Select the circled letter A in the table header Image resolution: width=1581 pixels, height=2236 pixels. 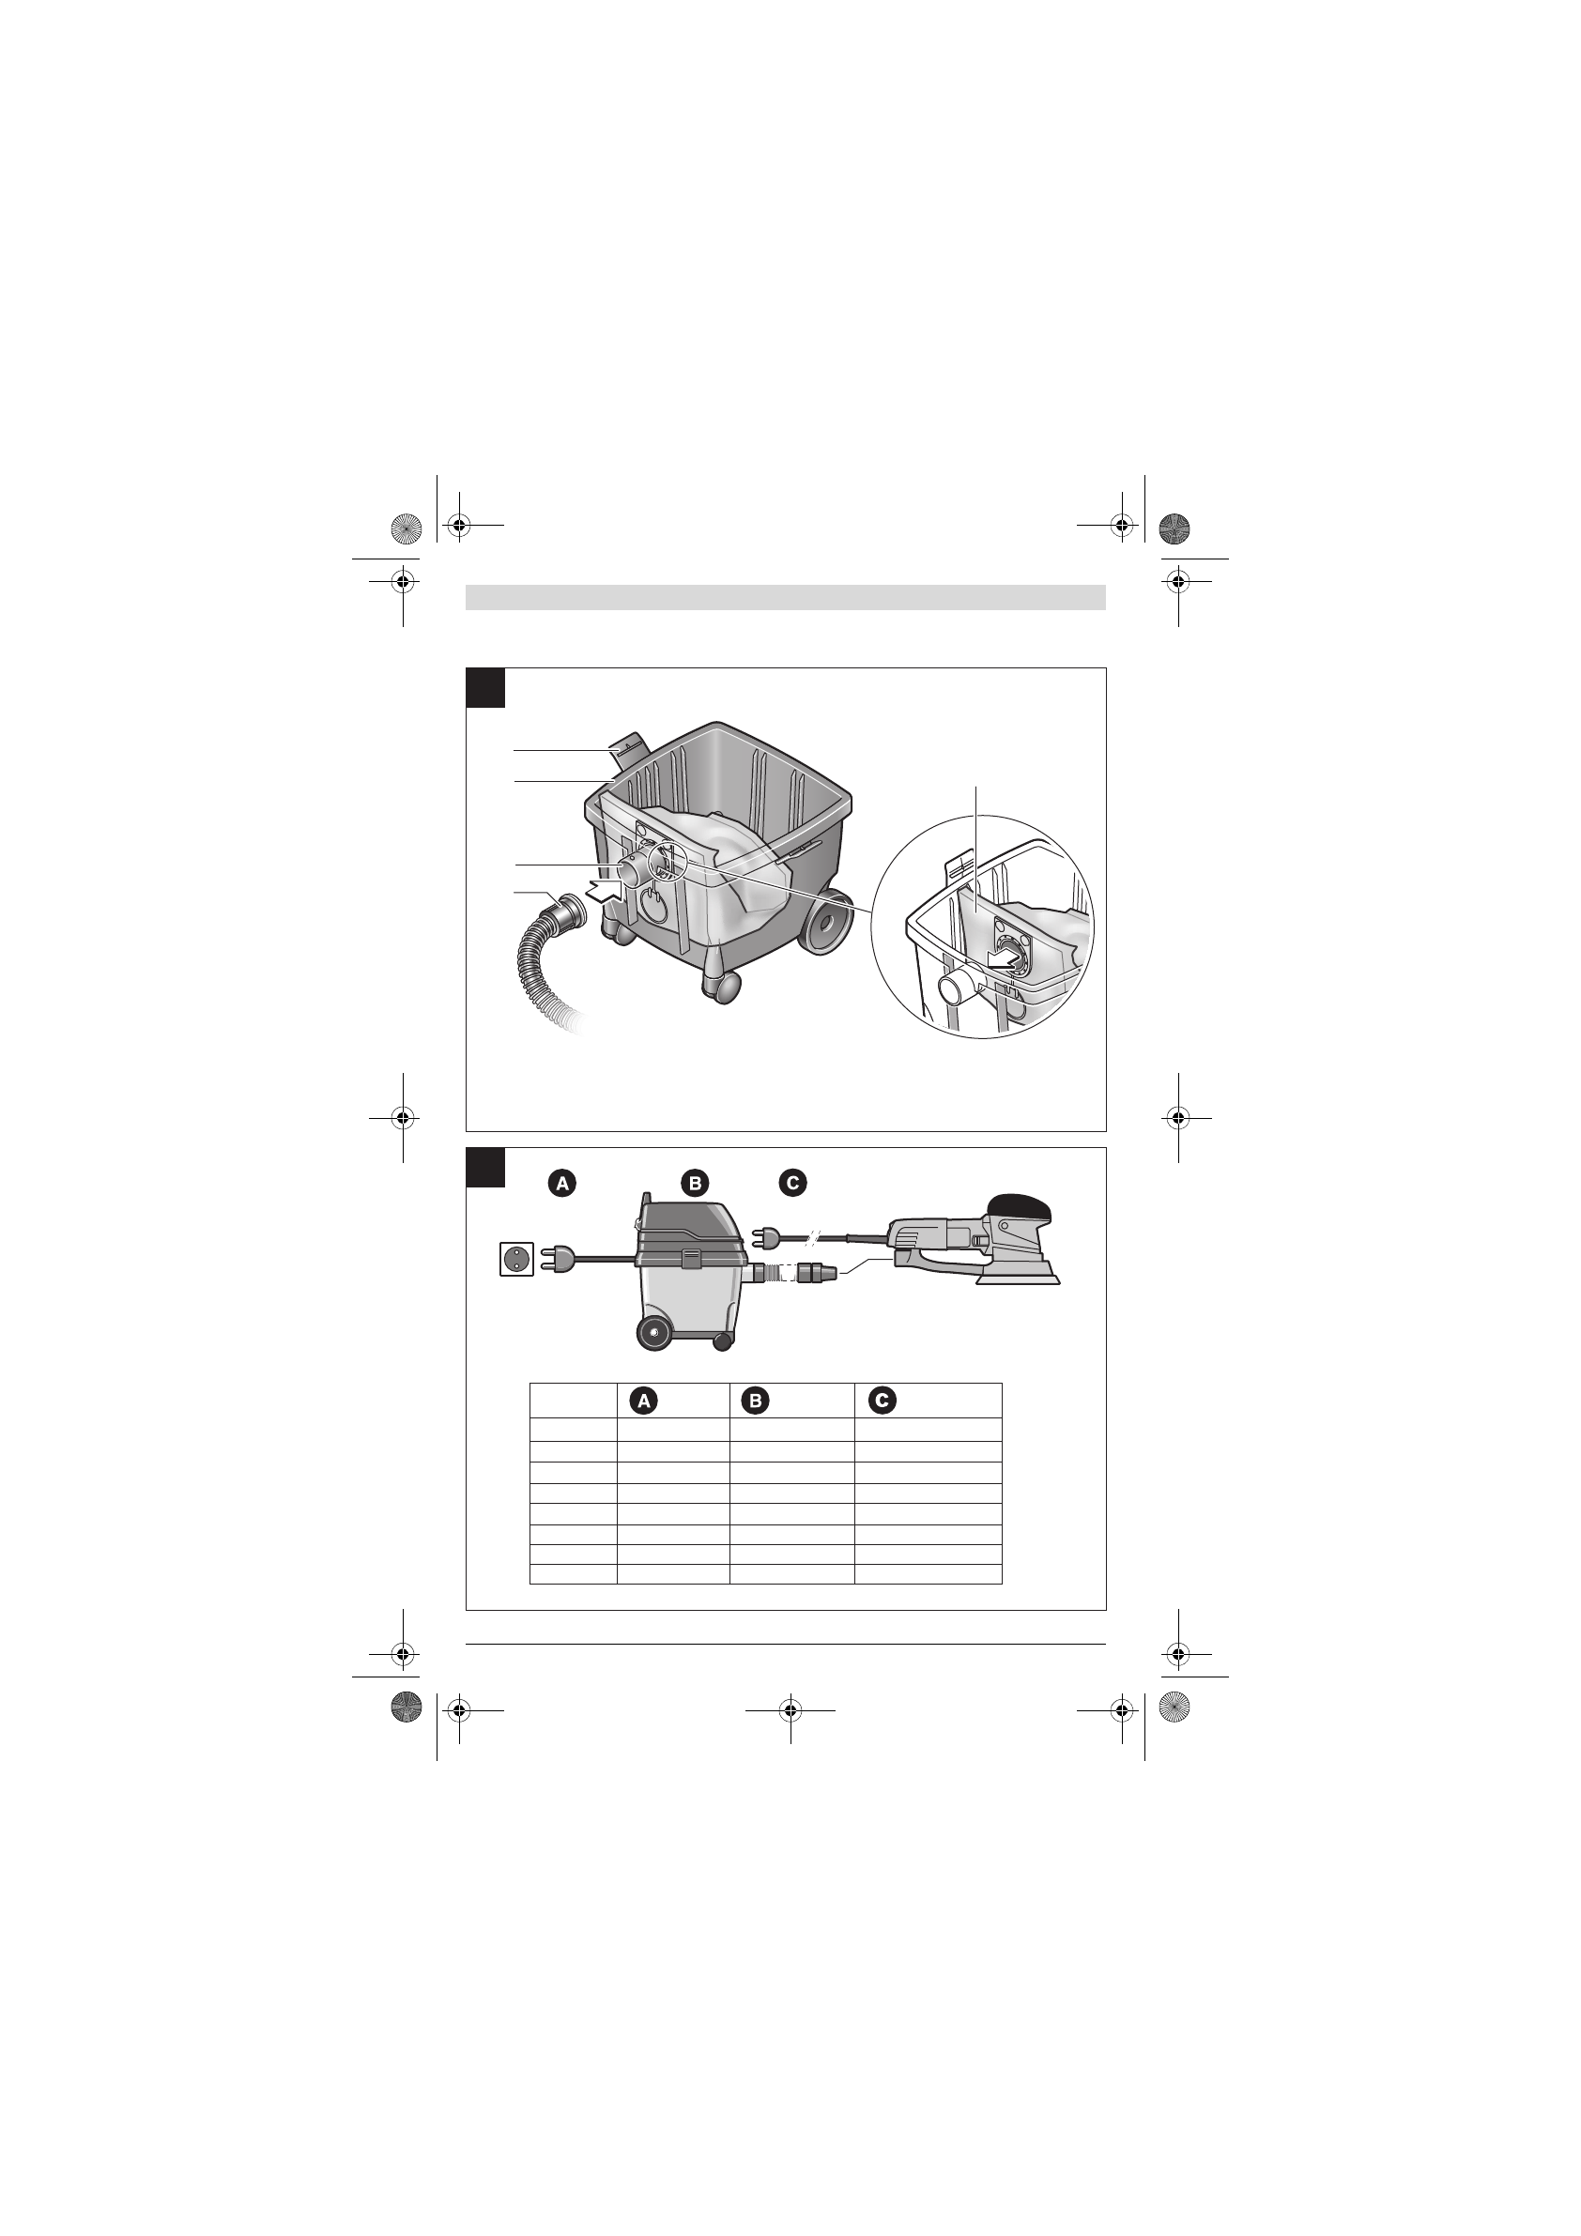pos(643,1401)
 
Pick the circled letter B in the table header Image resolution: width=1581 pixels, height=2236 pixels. pos(755,1401)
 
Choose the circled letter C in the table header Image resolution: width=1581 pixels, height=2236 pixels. pos(883,1401)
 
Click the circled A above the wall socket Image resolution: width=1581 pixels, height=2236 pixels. pos(562,1184)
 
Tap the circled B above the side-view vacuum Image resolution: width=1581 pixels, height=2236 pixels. pos(695,1184)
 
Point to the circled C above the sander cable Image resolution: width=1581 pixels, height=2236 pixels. pos(792,1184)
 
